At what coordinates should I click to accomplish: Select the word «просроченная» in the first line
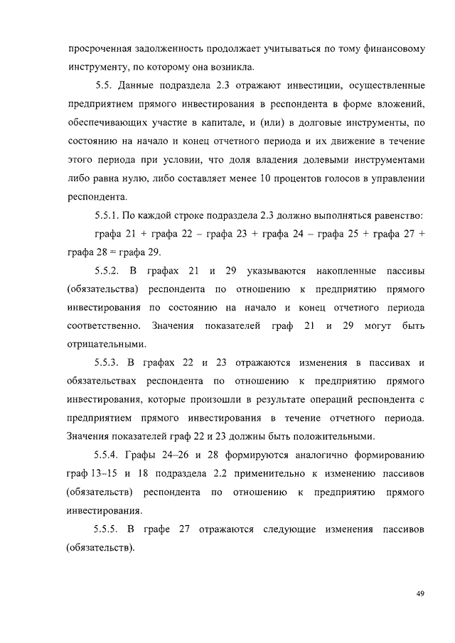pyautogui.click(x=100, y=50)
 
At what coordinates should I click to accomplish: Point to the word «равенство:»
pyautogui.click(x=392, y=215)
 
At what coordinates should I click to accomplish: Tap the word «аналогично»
pyautogui.click(x=309, y=455)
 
